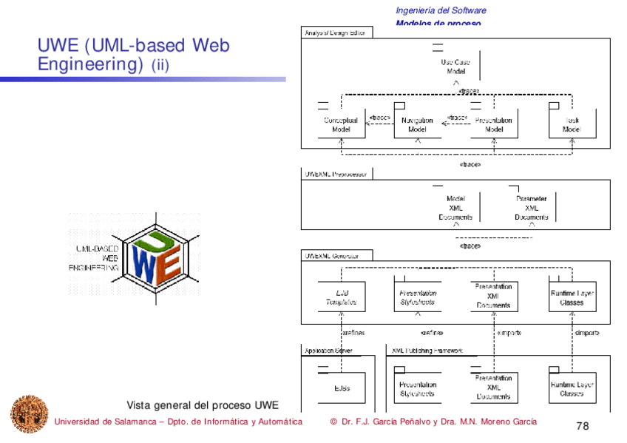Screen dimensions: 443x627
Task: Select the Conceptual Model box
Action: (x=341, y=124)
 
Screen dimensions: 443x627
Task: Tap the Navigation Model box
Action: (x=417, y=124)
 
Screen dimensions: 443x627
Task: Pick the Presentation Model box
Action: (x=493, y=124)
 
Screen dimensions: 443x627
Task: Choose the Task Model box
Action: (x=572, y=124)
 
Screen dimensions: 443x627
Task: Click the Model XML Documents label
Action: (x=455, y=208)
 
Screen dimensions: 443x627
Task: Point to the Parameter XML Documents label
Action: (x=532, y=208)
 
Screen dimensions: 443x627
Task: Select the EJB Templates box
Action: (x=341, y=297)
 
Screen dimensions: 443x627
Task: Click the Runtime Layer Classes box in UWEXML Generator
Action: (x=572, y=297)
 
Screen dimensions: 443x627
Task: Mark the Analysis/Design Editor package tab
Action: (x=336, y=33)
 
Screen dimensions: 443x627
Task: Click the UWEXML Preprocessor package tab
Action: (x=336, y=175)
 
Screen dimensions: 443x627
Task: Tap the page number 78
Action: (x=582, y=426)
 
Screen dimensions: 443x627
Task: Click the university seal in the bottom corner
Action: (x=28, y=414)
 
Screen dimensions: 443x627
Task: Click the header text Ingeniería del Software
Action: (x=441, y=10)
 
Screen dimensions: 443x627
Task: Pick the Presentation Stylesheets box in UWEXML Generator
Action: (x=417, y=297)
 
